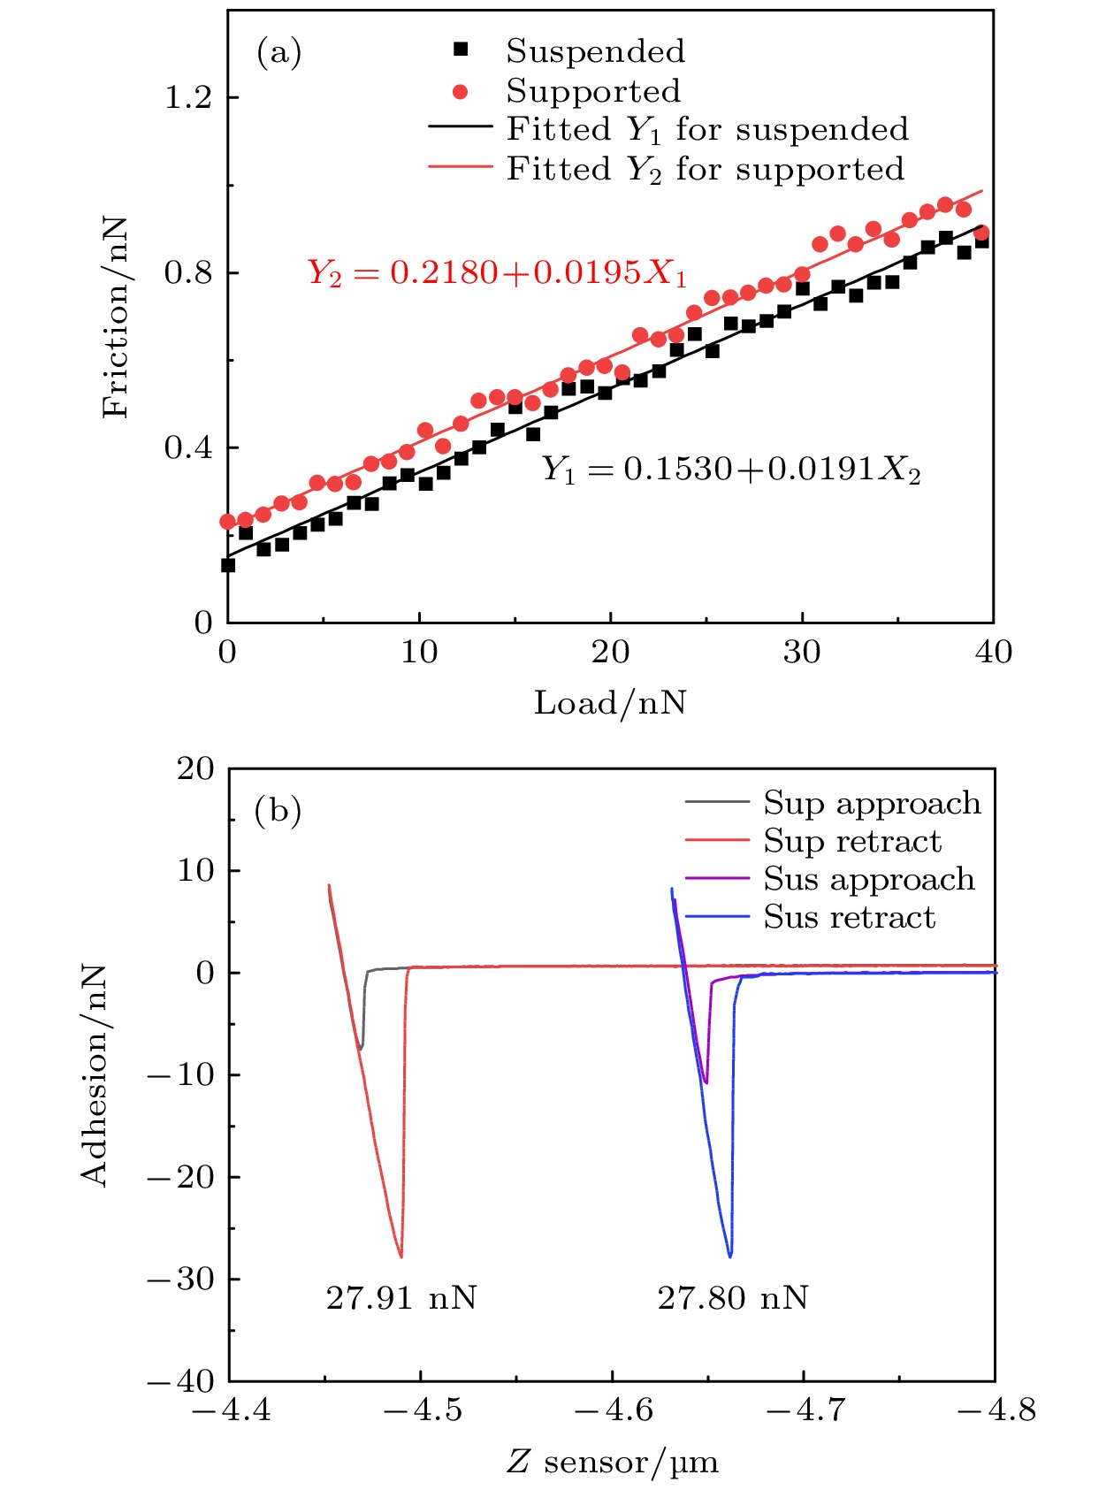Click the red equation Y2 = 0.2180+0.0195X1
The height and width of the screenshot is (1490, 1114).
click(497, 273)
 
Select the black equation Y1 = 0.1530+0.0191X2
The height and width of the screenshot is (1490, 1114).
click(730, 470)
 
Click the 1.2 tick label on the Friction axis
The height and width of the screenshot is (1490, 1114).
click(188, 97)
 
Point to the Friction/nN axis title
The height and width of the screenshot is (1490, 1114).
click(116, 317)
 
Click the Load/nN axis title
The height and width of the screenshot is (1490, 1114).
click(610, 703)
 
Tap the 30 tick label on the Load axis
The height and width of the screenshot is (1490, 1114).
click(801, 653)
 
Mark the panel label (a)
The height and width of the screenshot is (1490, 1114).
click(278, 53)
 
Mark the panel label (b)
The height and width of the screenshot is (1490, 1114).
click(278, 810)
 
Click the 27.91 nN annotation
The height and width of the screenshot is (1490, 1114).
click(401, 1298)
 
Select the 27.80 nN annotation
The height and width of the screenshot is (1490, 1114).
click(732, 1298)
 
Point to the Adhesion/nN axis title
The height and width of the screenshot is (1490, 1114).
click(94, 1074)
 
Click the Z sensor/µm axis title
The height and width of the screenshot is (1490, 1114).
click(612, 1463)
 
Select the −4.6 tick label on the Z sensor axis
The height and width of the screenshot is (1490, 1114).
click(613, 1410)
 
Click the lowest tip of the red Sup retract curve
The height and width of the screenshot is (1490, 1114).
click(401, 1257)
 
